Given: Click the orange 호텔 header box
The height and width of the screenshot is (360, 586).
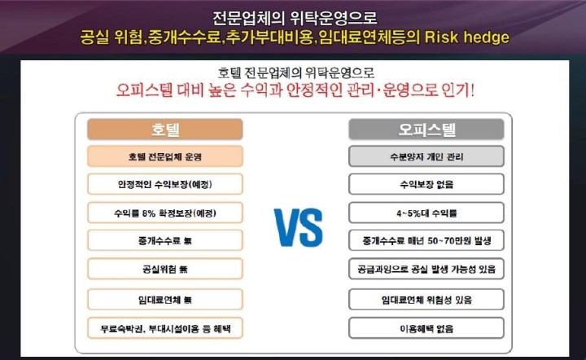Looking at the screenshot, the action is pos(164,130).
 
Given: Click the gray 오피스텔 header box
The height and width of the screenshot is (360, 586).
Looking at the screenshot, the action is pos(426,130).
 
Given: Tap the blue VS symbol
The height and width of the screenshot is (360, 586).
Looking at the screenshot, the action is pos(298,228).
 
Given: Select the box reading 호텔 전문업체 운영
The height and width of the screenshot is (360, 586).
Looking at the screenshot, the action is pos(164,156).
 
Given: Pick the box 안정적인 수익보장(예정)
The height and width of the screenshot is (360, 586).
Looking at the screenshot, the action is pos(164,184).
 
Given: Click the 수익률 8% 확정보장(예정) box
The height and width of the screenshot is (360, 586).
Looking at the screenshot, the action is pos(164,213).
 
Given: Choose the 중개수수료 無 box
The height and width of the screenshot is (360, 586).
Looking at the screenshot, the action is pos(164,240).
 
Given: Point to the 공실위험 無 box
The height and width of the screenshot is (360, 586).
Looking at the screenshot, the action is pos(164,269).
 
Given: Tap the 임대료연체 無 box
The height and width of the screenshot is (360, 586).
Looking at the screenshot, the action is pos(164,300).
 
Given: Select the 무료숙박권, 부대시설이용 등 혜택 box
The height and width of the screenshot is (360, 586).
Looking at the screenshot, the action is pos(164,328).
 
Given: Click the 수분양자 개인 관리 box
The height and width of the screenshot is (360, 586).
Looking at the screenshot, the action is pos(426,156).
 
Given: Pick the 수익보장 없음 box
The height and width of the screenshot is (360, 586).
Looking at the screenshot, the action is pos(426,184).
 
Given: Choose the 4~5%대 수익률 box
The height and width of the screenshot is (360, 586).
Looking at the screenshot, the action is pos(426,213).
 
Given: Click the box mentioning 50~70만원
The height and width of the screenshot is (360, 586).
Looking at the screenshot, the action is pos(426,240).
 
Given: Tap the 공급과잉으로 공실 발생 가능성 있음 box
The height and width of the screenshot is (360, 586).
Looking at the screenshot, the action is pos(426,269).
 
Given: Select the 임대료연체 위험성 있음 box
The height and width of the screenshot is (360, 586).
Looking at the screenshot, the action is pos(426,300).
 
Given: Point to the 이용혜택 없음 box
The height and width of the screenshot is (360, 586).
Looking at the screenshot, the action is pos(426,328).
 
